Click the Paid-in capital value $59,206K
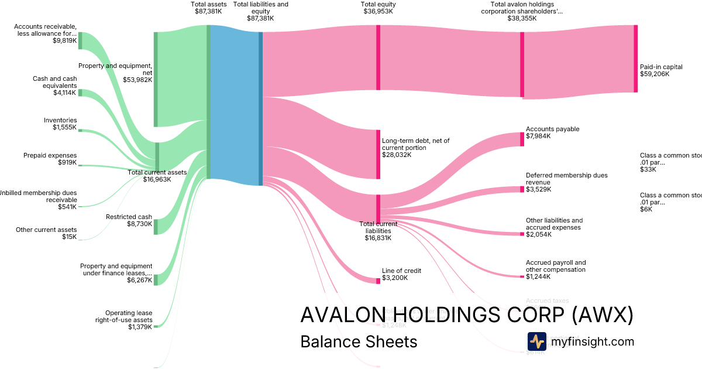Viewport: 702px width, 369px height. tap(654, 74)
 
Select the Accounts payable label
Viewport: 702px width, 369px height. tap(552, 129)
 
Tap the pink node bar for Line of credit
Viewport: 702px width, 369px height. tap(378, 281)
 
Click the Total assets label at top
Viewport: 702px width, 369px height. tap(208, 5)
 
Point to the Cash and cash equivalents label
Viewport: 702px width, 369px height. tap(54, 82)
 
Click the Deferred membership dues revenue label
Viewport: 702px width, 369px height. tap(566, 179)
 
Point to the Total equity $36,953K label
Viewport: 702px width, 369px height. tap(378, 8)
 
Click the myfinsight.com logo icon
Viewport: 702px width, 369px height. tap(536, 341)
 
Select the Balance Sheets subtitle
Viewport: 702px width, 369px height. tap(359, 341)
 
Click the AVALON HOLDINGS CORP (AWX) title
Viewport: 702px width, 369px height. tap(466, 315)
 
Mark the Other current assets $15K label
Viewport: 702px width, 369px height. tap(46, 233)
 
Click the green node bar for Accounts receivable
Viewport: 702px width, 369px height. tap(80, 40)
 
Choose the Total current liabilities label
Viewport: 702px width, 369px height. tap(378, 231)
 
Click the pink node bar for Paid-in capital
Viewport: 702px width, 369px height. tap(635, 59)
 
